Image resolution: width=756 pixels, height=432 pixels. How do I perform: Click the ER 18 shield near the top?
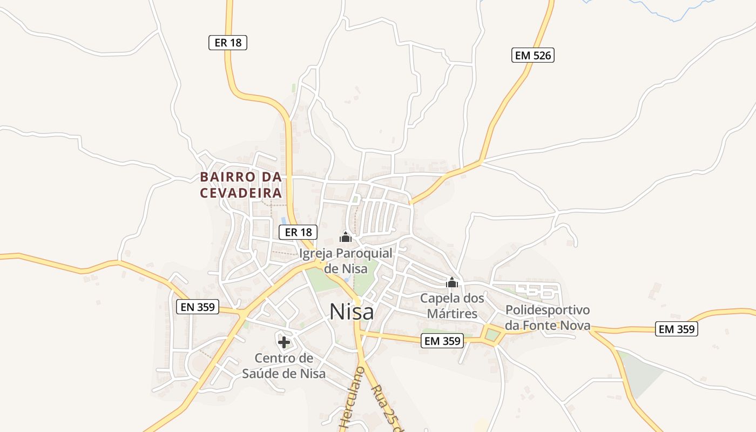click(x=228, y=43)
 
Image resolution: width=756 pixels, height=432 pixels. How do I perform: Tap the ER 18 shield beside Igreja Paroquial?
click(x=298, y=232)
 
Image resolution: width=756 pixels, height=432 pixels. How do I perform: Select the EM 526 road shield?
click(x=533, y=55)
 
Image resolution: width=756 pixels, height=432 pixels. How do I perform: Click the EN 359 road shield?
click(x=197, y=307)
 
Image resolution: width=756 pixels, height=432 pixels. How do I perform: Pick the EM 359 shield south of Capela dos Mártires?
click(x=442, y=341)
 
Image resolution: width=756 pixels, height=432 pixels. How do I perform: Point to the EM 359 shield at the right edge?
click(x=677, y=329)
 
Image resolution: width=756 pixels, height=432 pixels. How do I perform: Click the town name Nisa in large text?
click(x=351, y=312)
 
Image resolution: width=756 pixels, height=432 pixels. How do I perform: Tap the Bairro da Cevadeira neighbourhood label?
click(x=241, y=185)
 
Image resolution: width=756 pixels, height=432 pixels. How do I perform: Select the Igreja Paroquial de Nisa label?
click(x=346, y=260)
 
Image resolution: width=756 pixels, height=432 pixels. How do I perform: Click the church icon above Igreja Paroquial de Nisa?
click(x=346, y=237)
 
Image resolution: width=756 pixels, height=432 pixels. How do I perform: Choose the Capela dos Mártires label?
click(x=452, y=306)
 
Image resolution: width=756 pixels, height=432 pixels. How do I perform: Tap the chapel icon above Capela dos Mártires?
click(x=452, y=282)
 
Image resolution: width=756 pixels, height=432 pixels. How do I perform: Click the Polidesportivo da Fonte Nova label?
click(x=548, y=318)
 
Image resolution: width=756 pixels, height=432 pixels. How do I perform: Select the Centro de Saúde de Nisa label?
click(x=283, y=366)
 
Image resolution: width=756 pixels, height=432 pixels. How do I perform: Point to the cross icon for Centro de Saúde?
click(x=284, y=342)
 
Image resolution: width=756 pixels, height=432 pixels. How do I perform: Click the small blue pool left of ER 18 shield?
click(x=283, y=220)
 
